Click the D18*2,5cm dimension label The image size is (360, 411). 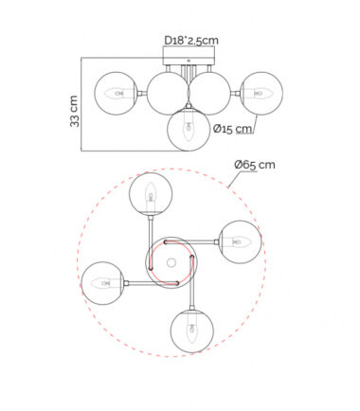click(x=191, y=41)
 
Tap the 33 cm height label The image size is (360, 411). click(x=75, y=111)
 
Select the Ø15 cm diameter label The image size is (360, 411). click(x=233, y=129)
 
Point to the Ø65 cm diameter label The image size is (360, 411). click(x=255, y=165)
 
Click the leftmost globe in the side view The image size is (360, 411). click(x=116, y=94)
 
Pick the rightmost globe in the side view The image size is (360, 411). click(x=261, y=94)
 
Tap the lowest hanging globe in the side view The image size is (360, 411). click(x=189, y=130)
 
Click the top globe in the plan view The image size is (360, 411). click(x=151, y=194)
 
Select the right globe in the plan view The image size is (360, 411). click(x=240, y=241)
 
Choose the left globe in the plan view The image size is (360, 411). click(x=103, y=283)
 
